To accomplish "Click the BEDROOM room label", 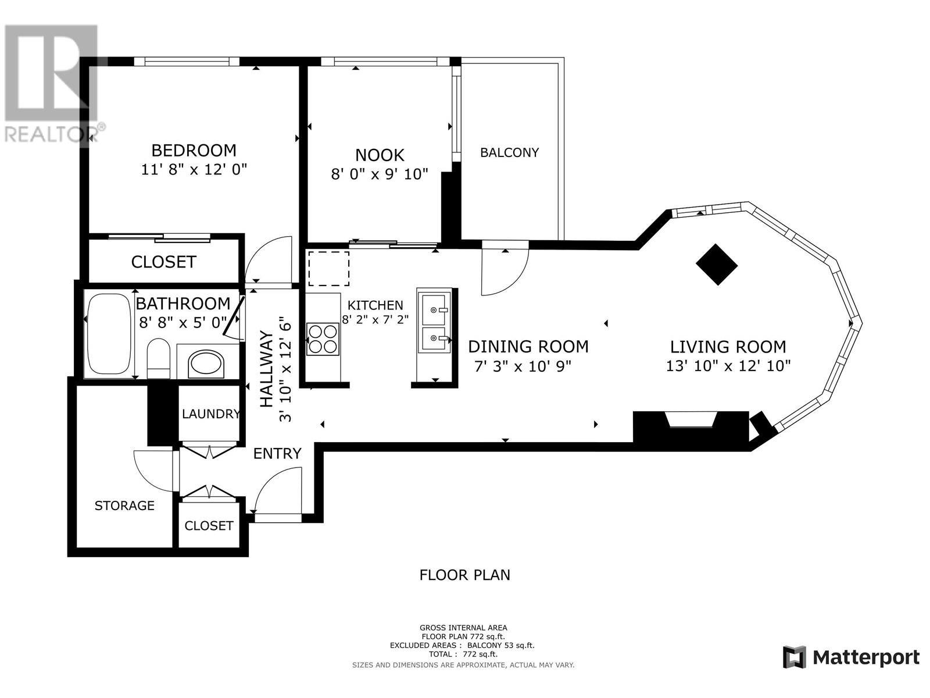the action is pos(194,151).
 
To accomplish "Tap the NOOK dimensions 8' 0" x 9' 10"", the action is pos(379,174).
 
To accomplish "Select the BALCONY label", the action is pos(509,152).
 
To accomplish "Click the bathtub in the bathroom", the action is pos(109,334).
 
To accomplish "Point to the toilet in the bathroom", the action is pos(159,358).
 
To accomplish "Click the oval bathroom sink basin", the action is pos(206,364).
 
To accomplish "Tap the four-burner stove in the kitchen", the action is pos(323,339).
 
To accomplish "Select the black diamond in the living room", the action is pos(717,265).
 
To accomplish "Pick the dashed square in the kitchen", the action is pos(329,269).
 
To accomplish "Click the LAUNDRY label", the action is pos(211,414).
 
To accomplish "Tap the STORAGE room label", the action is pos(124,505).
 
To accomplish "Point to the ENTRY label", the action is pos(277,454).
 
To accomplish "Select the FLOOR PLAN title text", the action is pos(465,575).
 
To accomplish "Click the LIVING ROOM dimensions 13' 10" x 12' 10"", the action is pos(728,366).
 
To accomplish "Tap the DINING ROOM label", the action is pos(528,347).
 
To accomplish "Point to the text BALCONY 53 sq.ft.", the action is pos(501,646).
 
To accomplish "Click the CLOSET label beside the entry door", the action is pos(209,526).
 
